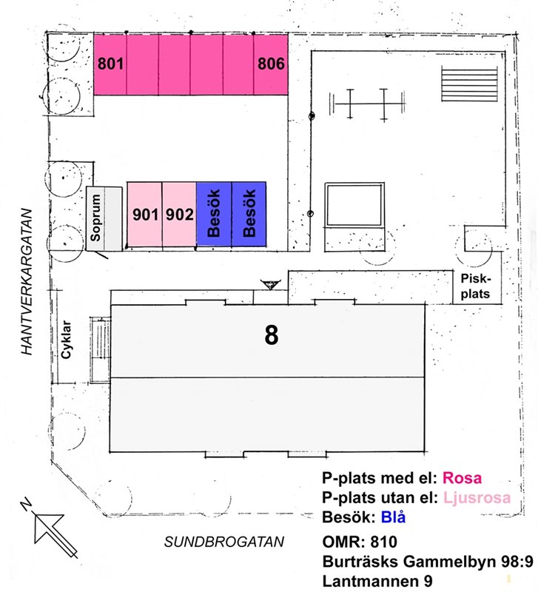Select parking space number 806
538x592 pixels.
point(271,64)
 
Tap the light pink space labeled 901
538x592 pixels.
point(145,215)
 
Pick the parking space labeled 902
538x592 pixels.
point(179,215)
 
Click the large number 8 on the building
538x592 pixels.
point(272,335)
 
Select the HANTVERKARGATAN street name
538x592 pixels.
point(29,282)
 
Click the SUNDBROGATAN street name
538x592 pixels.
point(224,542)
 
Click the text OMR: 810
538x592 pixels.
point(360,541)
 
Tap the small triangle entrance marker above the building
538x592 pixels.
point(271,285)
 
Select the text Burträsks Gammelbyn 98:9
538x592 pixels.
point(427,561)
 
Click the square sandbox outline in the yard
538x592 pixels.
point(354,207)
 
